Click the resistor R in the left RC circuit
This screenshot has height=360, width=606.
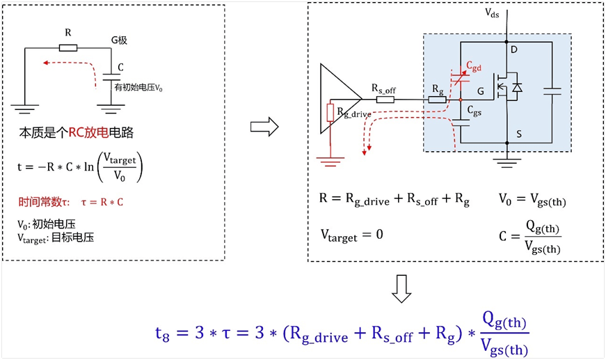pos(67,48)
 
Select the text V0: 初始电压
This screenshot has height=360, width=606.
pos(47,224)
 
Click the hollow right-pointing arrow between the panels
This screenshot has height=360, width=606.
pos(264,127)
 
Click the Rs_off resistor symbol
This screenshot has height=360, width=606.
pos(385,99)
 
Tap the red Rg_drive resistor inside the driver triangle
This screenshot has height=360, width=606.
pos(330,111)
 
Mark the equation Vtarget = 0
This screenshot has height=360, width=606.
pos(351,234)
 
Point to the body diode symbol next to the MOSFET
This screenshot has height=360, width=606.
pos(517,87)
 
